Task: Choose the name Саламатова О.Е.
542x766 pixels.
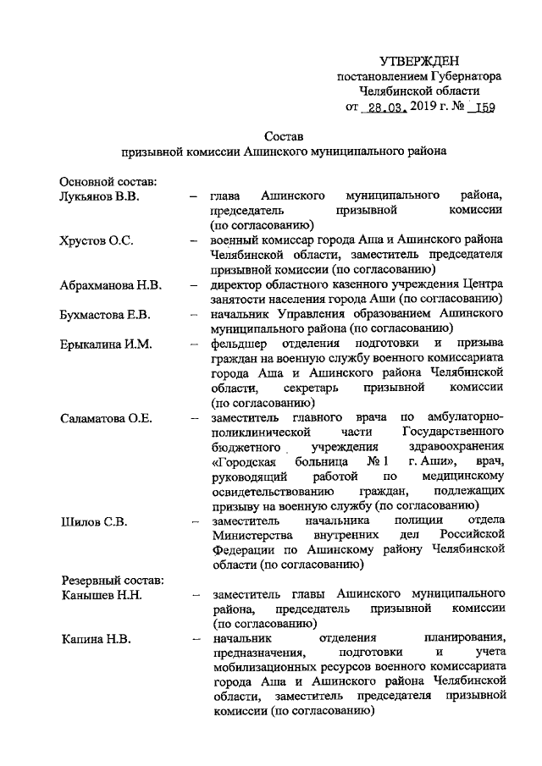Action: tap(108, 419)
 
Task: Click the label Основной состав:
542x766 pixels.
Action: tap(106, 181)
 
